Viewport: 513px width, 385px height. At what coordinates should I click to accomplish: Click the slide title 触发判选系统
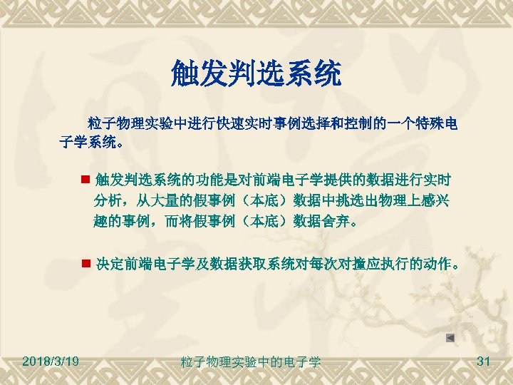click(x=256, y=73)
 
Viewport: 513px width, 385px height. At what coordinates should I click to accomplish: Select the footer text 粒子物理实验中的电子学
click(x=251, y=363)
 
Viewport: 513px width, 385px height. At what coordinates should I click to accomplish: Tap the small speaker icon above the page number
click(x=450, y=337)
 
